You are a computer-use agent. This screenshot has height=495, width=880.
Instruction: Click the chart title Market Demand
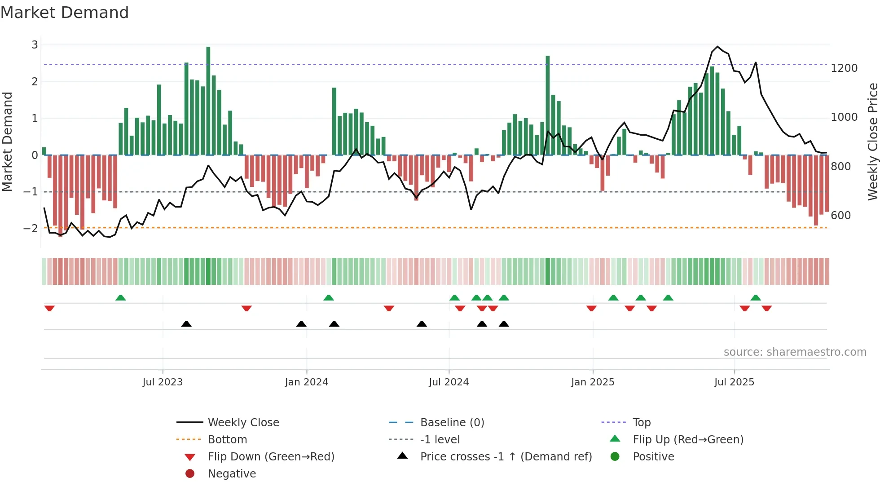tap(65, 13)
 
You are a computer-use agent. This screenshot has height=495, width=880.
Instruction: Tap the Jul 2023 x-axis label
tap(163, 382)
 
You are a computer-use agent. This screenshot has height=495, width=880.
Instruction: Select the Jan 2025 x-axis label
tap(593, 382)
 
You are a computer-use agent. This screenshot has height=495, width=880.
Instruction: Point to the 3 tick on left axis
tap(35, 45)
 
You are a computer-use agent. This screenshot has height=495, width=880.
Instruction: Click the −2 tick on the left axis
tap(31, 229)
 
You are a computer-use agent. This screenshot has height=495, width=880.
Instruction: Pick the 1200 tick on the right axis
tap(844, 68)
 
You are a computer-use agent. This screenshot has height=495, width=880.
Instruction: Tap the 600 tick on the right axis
tap(840, 216)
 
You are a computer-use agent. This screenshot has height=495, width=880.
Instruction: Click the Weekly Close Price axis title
tap(872, 141)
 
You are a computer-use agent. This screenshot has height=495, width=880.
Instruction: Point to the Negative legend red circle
tap(190, 474)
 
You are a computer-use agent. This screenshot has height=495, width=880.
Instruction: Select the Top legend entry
tap(642, 423)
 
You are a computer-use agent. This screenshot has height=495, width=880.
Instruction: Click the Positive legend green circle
tap(615, 457)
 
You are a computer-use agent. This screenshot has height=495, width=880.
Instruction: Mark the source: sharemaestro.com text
tap(795, 352)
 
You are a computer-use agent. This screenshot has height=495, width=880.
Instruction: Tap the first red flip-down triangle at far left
tap(49, 308)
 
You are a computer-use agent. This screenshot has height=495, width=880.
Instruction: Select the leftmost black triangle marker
tap(186, 324)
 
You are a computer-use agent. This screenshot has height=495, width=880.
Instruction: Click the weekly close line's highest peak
tap(717, 47)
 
